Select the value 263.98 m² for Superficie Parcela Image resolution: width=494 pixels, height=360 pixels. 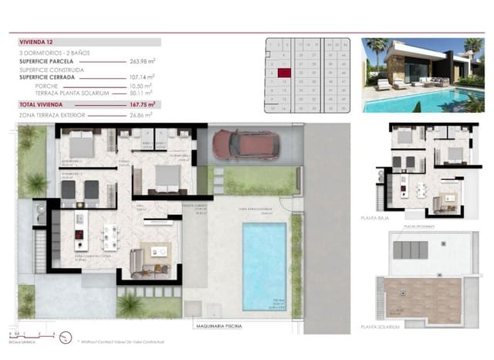coord(142,61)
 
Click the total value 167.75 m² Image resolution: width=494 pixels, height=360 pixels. coord(142,104)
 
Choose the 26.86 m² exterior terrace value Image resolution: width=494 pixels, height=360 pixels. coord(140,114)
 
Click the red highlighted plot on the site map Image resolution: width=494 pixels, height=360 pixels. coord(284,73)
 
